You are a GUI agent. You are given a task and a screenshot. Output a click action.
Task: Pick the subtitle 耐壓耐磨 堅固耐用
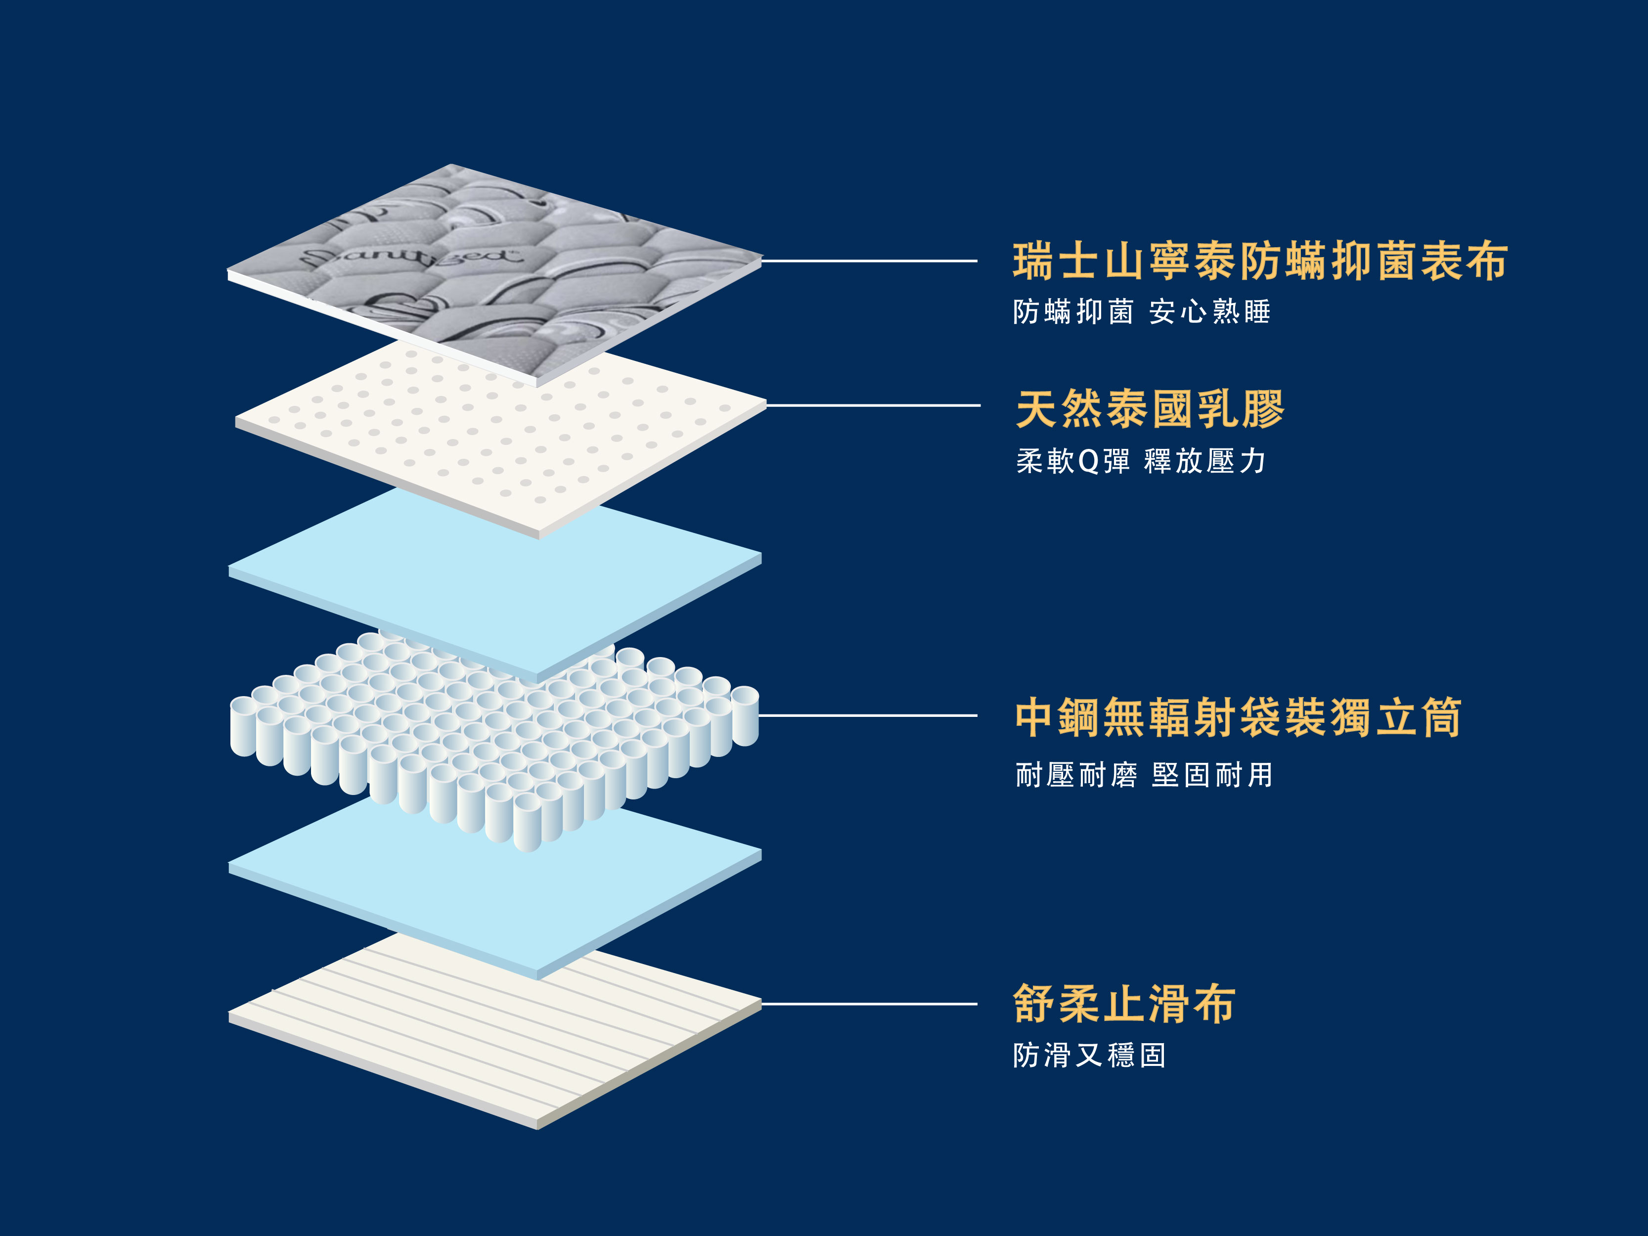(1144, 775)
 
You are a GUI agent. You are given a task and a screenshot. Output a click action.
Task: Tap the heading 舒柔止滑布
(1125, 1004)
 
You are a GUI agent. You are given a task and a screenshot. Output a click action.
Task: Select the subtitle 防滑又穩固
(1089, 1055)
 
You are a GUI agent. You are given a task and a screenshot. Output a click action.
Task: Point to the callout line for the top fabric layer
(869, 261)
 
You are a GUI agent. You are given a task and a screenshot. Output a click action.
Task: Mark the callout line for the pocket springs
(868, 715)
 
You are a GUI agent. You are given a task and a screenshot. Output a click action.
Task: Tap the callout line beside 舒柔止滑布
(869, 1004)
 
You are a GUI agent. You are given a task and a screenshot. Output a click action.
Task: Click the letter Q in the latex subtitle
(1088, 462)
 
